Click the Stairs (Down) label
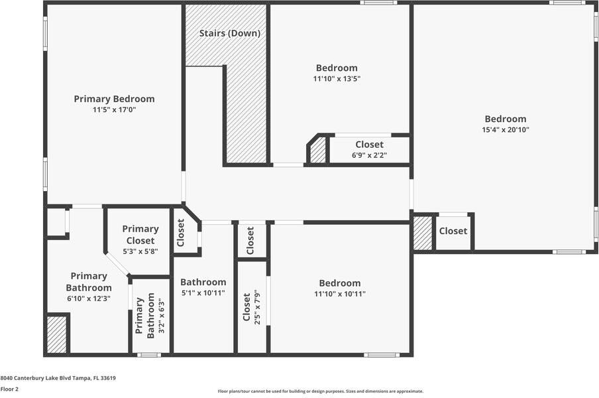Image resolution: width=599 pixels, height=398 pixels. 230,33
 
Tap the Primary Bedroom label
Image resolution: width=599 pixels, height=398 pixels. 114,99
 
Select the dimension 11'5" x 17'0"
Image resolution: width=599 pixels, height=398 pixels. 114,110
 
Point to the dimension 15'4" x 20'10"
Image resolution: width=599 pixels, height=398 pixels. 506,130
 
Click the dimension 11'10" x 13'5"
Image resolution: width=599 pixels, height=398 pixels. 337,79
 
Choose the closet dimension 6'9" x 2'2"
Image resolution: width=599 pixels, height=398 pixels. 369,155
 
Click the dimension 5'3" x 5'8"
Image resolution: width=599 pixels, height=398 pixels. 140,251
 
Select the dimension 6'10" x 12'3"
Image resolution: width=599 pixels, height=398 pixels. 88,298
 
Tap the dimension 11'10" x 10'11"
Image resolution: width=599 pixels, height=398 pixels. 340,294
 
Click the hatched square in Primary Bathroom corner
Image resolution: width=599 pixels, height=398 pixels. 57,335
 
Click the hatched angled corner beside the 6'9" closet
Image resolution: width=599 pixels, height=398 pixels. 318,151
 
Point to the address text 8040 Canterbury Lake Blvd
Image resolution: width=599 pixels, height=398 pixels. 58,378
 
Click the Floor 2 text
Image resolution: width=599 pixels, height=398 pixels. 9,389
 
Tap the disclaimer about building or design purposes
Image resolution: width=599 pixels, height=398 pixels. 320,391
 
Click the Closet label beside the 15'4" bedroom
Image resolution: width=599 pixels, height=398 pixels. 453,232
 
